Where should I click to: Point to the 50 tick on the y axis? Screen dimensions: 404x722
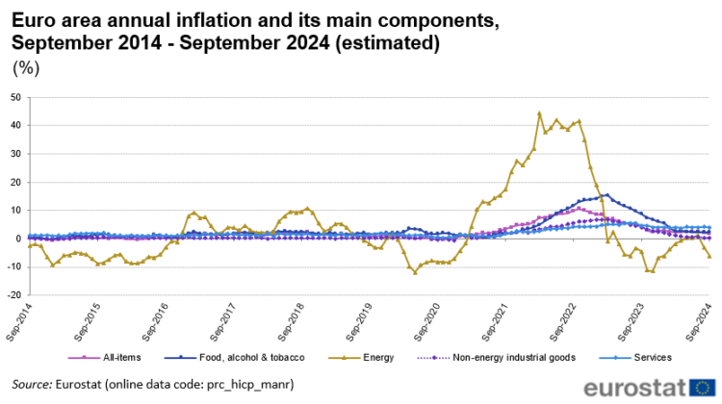(15, 97)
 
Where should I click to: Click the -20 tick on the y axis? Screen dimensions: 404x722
(13, 295)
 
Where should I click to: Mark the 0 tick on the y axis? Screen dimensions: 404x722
(18, 239)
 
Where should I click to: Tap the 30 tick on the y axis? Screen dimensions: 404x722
(15, 154)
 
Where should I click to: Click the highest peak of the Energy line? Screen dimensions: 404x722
(539, 114)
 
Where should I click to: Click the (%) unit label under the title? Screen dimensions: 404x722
(23, 68)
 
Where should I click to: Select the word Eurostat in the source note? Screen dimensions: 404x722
(84, 385)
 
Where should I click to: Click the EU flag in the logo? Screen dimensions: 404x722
(701, 387)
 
